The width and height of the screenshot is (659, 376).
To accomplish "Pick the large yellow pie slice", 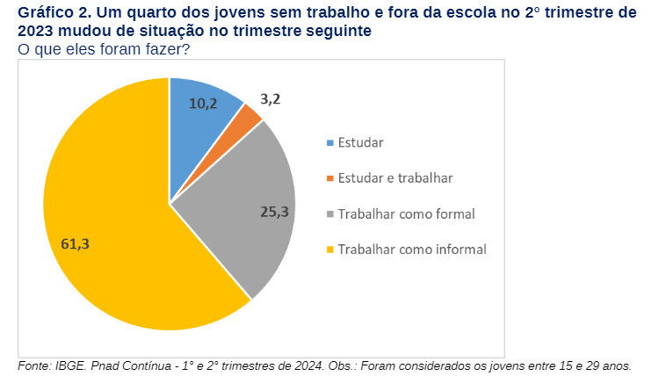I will tap(114, 228).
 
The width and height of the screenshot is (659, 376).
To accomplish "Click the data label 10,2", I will tap(203, 104).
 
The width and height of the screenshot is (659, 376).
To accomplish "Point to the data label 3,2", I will tap(271, 99).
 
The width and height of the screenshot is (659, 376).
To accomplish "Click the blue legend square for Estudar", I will tap(329, 142).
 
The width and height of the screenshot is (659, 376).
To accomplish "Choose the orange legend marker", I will tap(329, 178).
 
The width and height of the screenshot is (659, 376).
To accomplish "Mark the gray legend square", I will tap(329, 214).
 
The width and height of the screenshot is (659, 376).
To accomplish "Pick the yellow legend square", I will tap(329, 249).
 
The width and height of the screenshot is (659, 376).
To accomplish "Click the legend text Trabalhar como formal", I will tap(406, 214).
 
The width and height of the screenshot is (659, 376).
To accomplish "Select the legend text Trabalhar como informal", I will tap(412, 249).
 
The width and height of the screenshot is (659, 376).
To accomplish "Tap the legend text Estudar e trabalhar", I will tap(395, 178).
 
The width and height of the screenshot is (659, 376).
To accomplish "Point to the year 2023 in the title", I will tap(36, 31).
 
